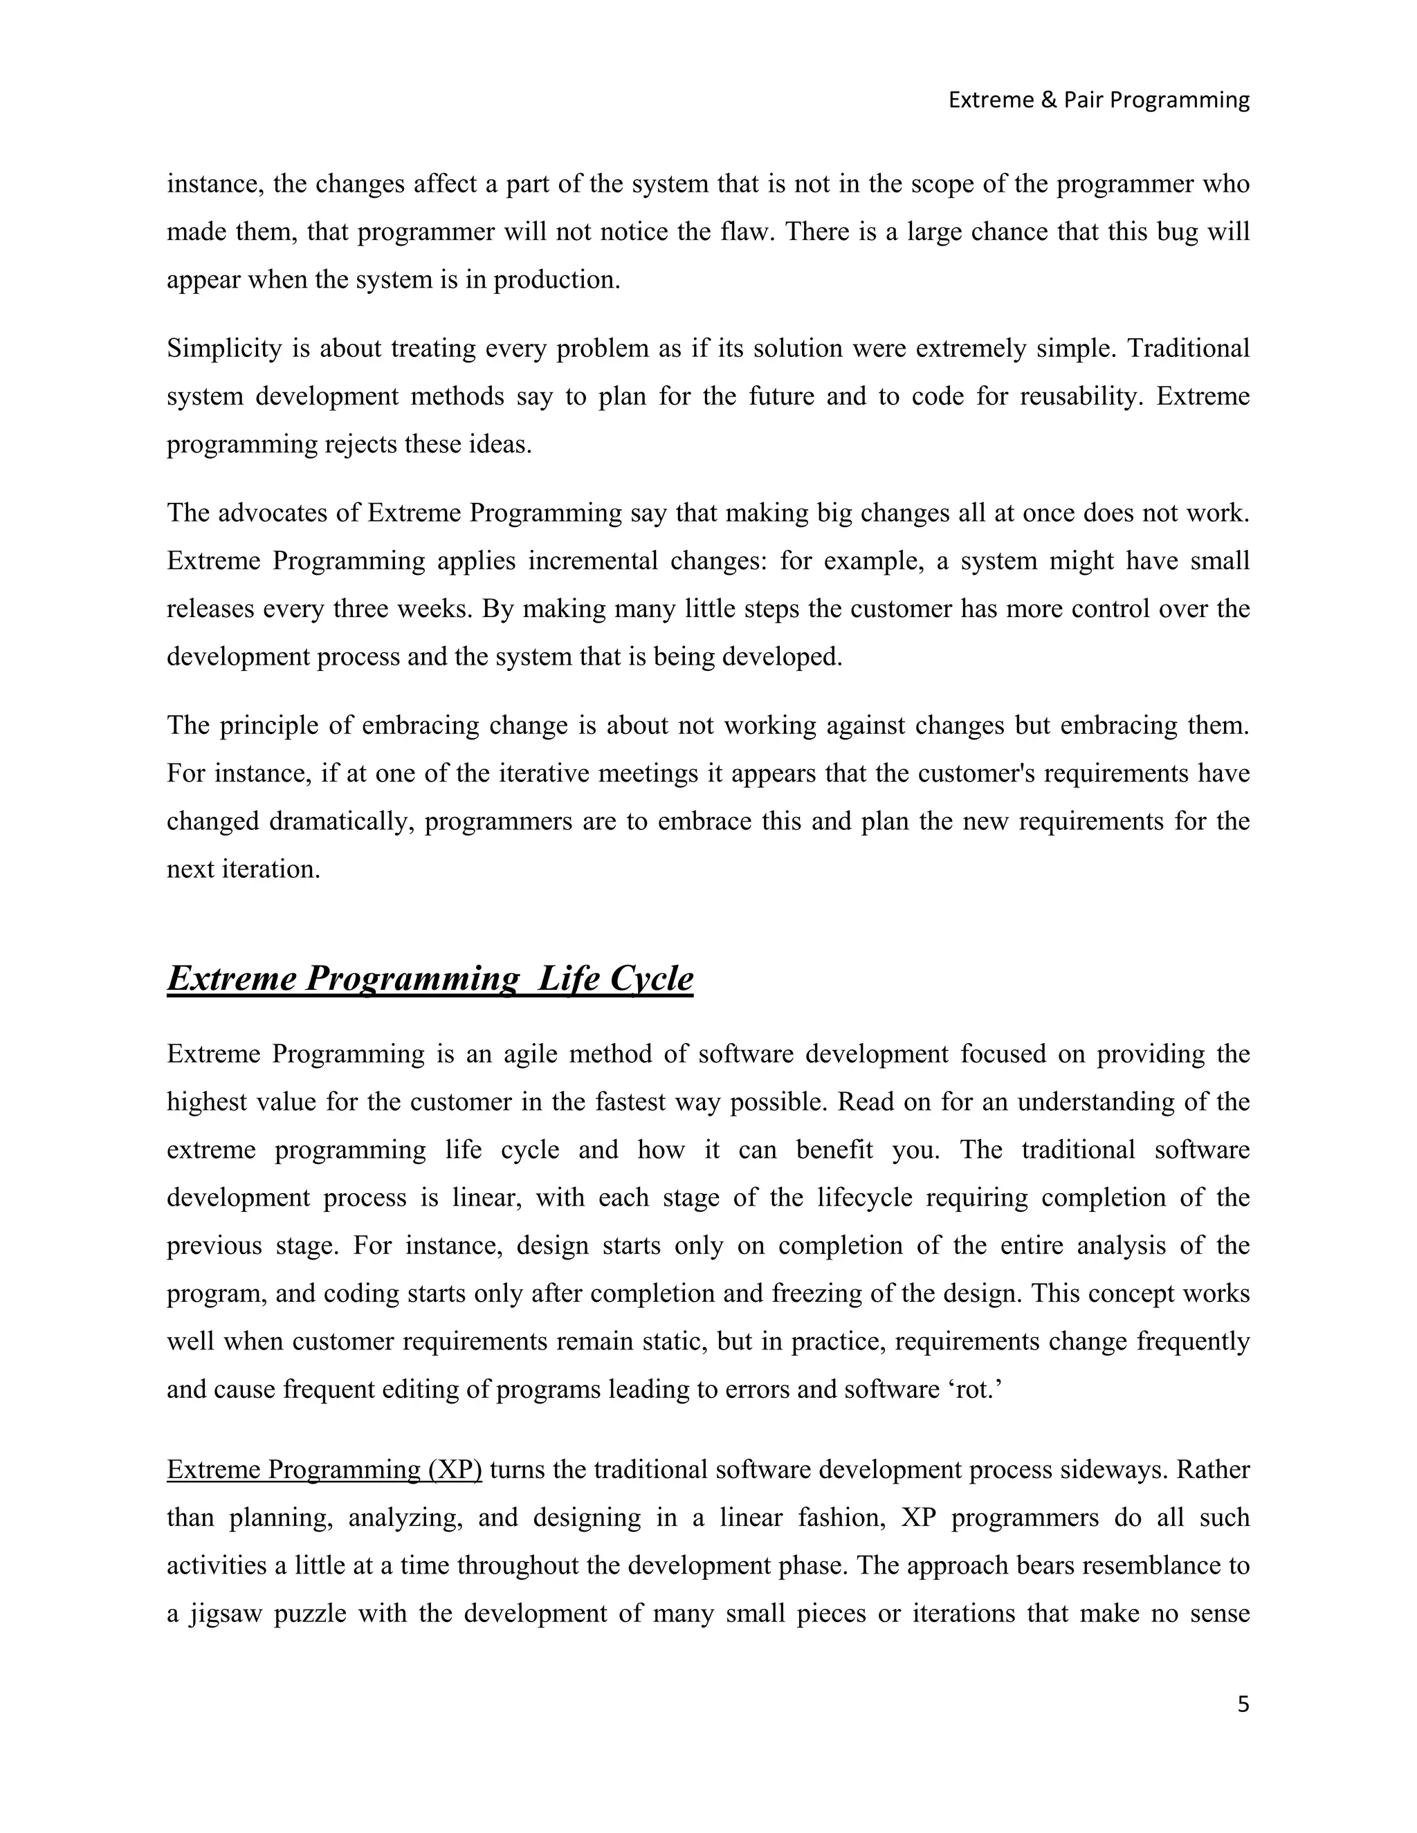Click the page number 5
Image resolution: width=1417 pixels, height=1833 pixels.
pyautogui.click(x=1243, y=1704)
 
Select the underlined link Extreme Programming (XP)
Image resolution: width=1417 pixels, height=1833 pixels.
pyautogui.click(x=324, y=1470)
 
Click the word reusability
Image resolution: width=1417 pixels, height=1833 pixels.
pyautogui.click(x=1081, y=396)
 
